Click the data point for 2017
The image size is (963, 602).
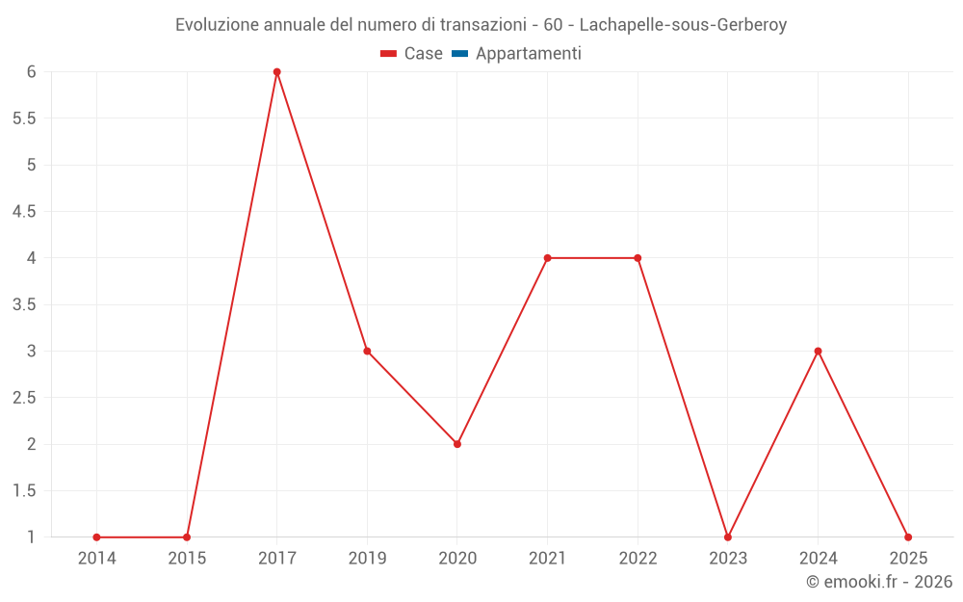pos(276,72)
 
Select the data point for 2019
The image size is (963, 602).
pos(367,351)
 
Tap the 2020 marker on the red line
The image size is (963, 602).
pos(457,444)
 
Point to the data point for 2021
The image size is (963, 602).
pos(547,258)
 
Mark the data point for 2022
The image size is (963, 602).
pos(638,258)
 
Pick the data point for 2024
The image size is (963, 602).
pos(818,351)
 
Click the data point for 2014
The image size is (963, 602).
pos(96,537)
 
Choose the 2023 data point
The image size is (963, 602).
pos(728,537)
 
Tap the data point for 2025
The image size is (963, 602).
pos(908,537)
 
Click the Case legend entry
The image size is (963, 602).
pos(412,54)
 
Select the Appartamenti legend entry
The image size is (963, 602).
pos(517,54)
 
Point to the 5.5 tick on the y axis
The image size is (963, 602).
pos(24,118)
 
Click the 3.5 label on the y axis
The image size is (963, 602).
pos(24,304)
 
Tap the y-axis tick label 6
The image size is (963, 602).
pos(31,72)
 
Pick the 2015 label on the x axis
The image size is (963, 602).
pos(187,558)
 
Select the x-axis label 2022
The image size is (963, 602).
pos(638,558)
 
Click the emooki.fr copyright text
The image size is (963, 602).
pos(878,582)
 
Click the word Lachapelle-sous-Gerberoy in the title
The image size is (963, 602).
pos(683,25)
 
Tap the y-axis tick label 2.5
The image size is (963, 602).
pos(24,398)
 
